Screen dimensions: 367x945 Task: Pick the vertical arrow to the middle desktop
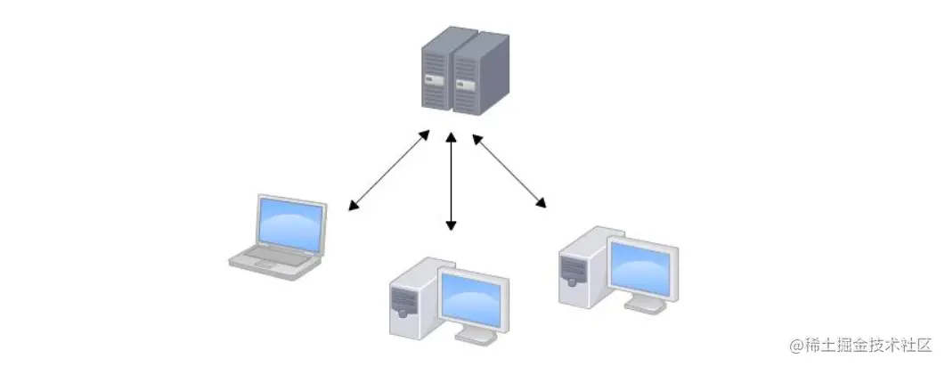(452, 182)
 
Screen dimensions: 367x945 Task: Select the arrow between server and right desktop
(509, 171)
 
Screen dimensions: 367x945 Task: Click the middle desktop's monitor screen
(474, 295)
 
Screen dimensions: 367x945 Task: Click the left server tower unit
(437, 71)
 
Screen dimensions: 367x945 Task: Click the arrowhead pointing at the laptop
(354, 208)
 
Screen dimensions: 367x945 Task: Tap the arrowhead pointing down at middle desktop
(452, 225)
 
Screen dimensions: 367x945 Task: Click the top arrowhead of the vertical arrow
(452, 139)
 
